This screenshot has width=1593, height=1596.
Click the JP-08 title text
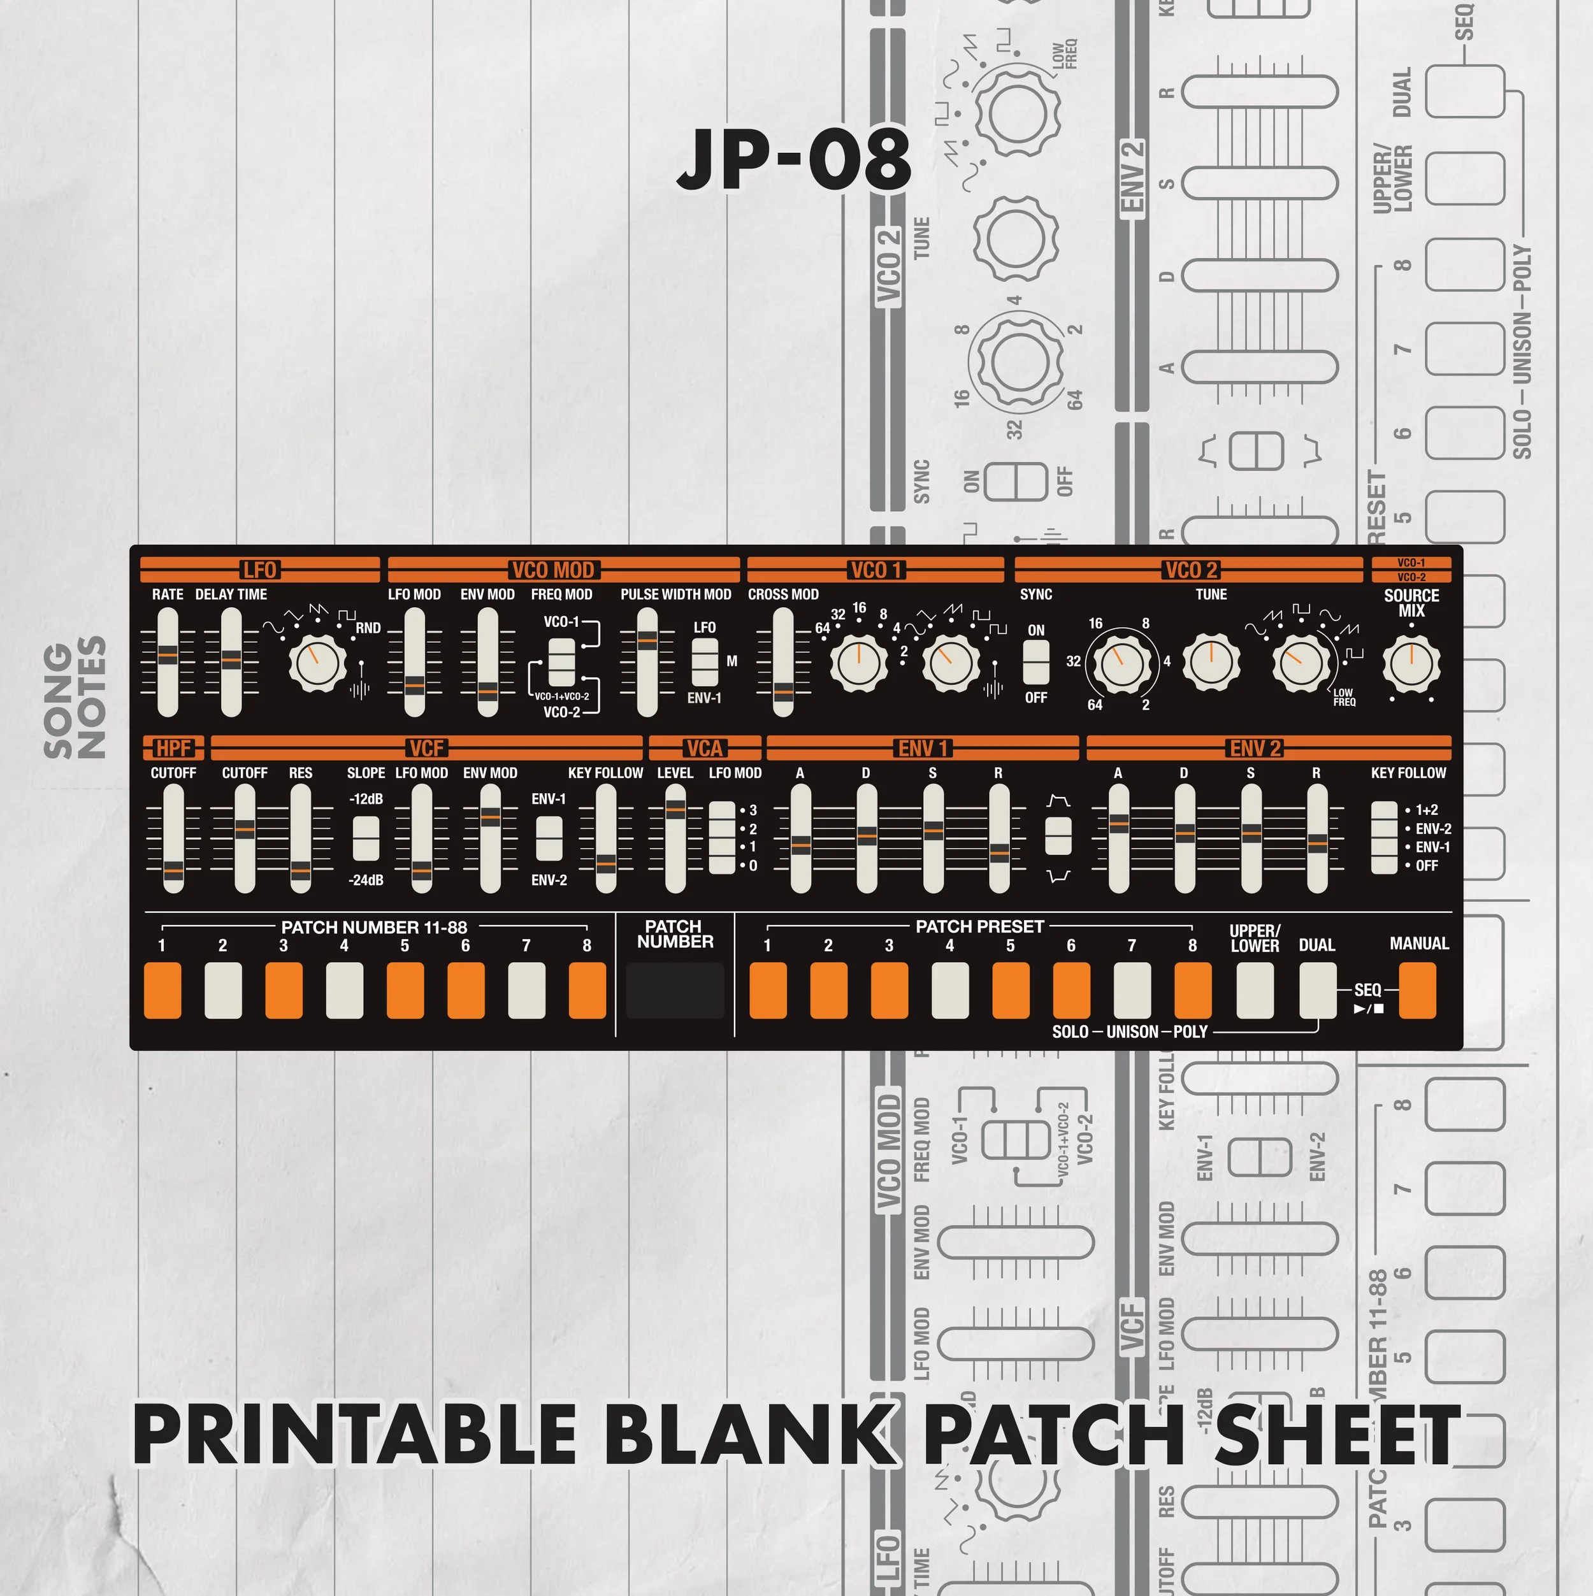pos(793,159)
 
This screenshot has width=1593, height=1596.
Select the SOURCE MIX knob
pos(1411,663)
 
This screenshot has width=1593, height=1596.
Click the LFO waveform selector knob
pos(317,663)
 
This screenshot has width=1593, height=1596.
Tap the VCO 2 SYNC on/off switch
pos(1035,663)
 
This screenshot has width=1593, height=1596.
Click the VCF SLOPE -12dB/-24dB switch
pos(366,838)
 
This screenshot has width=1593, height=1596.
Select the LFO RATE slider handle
pos(168,655)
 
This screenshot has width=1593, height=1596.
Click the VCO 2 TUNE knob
pos(1211,663)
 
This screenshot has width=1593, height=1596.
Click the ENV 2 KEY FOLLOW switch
pos(1384,837)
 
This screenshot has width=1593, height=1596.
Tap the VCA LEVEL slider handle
pos(675,810)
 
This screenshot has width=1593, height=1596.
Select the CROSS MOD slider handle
pos(782,694)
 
